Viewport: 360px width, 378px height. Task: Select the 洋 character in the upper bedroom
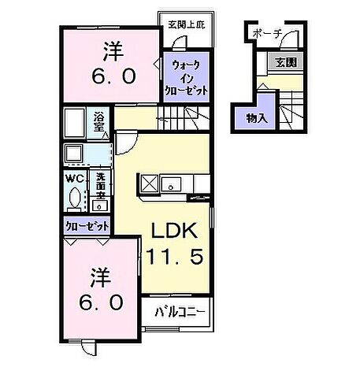[111, 51]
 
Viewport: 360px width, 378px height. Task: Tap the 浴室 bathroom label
[100, 123]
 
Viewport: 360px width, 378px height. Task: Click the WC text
[75, 178]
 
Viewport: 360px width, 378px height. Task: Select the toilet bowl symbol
[75, 198]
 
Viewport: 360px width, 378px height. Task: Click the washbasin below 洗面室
[100, 205]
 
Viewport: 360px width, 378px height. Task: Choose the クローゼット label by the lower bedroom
[87, 225]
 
